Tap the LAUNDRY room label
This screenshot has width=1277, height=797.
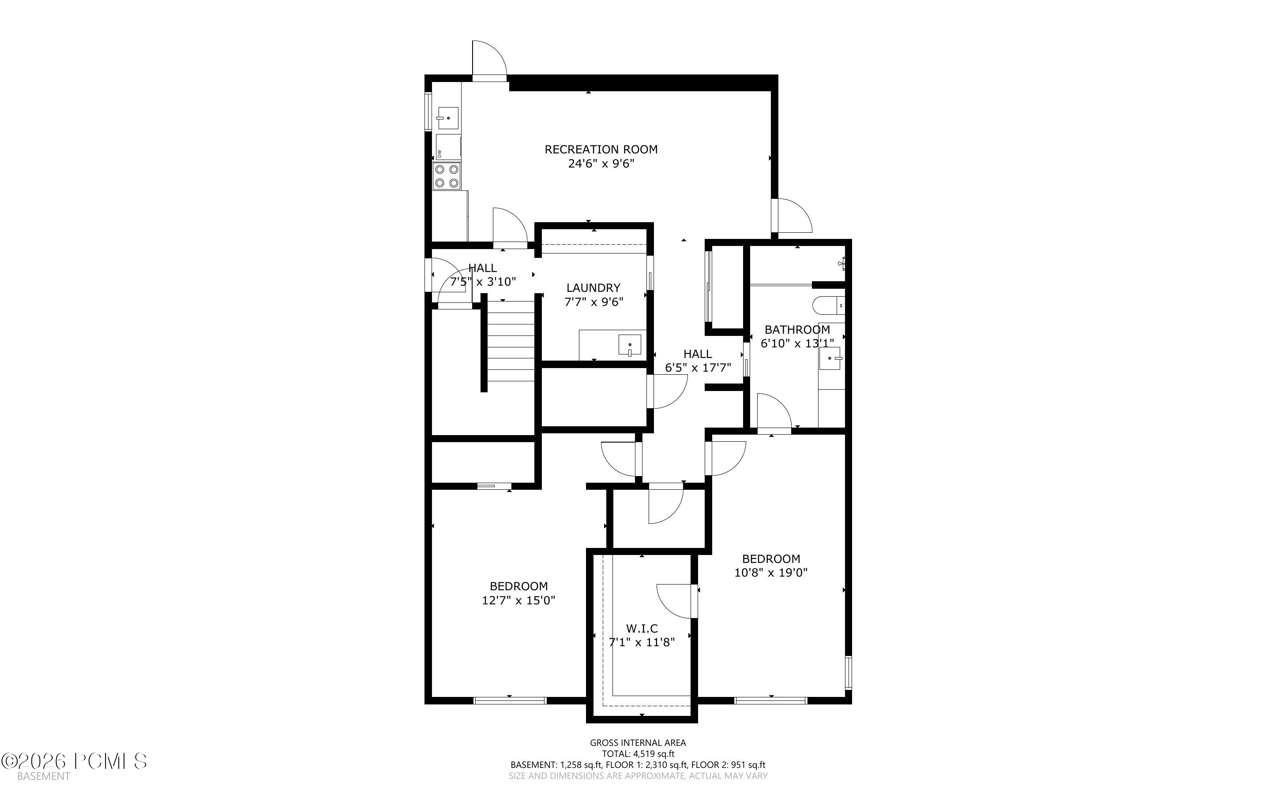click(x=593, y=288)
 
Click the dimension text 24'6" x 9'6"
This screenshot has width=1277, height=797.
click(x=601, y=164)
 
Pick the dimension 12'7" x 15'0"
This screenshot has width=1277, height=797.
click(x=518, y=600)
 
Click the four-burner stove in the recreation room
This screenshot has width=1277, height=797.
click(x=446, y=176)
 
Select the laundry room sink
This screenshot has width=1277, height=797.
click(x=630, y=345)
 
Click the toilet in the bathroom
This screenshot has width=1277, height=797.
click(x=829, y=305)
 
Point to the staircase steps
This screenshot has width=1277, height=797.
click(x=510, y=341)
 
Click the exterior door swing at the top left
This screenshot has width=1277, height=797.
click(x=489, y=59)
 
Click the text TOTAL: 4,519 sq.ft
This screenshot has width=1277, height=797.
click(x=638, y=754)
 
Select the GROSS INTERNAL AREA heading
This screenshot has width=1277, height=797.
click(x=638, y=743)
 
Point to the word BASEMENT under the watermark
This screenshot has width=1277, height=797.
click(x=43, y=776)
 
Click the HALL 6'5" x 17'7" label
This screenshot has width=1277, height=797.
click(x=697, y=361)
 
